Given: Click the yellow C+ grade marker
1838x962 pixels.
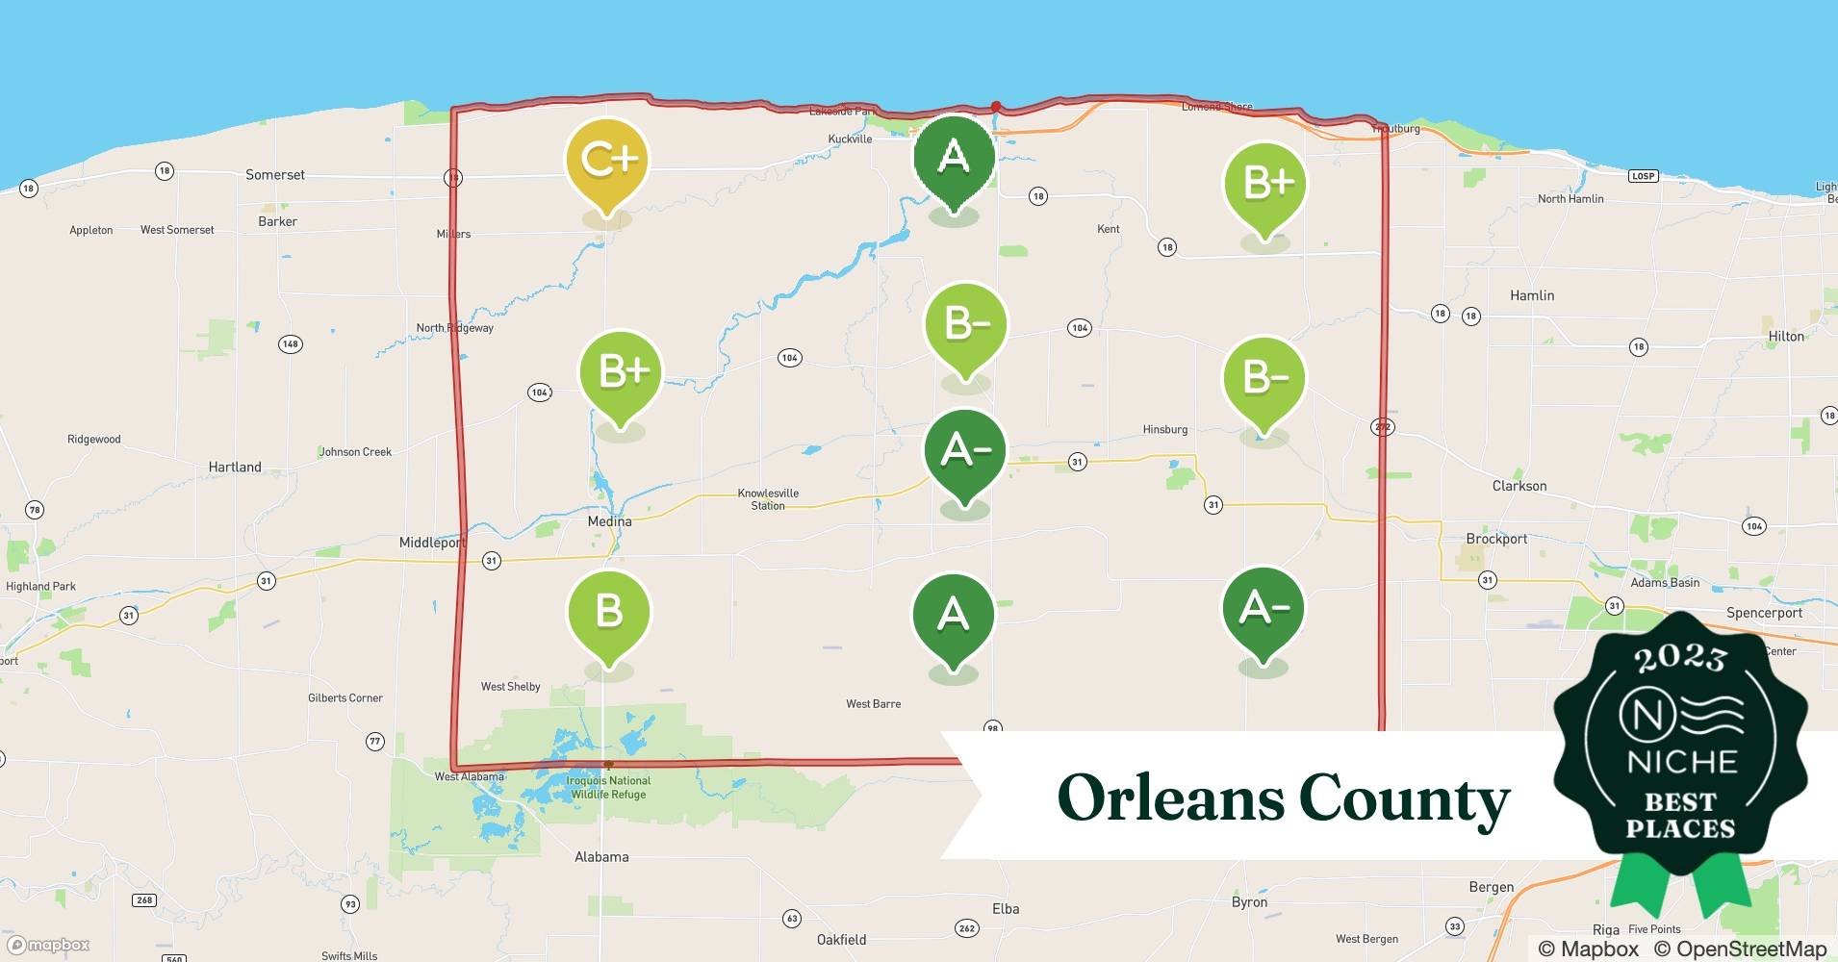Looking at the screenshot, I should point(607,161).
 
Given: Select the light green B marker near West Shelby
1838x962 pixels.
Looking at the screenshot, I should point(608,613).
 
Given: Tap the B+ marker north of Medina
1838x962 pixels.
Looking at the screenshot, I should point(621,372).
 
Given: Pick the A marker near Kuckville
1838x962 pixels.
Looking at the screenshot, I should point(953,157).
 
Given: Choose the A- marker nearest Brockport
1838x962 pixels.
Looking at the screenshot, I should point(1264,609).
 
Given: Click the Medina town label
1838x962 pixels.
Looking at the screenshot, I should point(610,521).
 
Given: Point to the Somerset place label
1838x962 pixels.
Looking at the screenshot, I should point(275,175).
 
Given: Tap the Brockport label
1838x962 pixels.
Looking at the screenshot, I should point(1496,539).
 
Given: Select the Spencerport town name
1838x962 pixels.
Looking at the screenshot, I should point(1764,613).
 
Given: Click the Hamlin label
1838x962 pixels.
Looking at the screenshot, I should point(1532,295).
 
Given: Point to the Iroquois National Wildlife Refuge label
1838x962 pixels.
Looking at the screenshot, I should point(609,788).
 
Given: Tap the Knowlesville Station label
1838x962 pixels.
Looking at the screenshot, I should point(768,499).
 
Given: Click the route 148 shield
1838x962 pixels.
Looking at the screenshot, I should point(290,343).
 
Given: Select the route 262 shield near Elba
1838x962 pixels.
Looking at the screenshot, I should point(967,928).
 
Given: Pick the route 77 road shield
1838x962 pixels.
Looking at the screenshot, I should point(375,741).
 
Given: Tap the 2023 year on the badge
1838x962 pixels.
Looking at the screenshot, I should point(1680,658).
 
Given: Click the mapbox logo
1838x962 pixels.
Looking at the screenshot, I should point(50,945).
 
